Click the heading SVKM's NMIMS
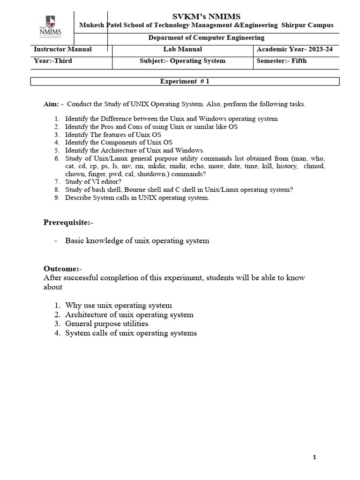point(206,17)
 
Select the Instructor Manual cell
point(63,49)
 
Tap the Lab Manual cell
point(182,49)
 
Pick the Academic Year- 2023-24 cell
point(295,49)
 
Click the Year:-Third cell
point(53,61)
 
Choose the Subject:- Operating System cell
point(182,61)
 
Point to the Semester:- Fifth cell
point(281,61)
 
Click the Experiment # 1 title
point(185,82)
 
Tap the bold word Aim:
point(51,104)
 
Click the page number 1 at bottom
point(315,457)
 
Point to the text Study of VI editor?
point(94,182)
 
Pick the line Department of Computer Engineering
point(206,37)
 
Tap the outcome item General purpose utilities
point(106,324)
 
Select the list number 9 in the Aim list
point(56,198)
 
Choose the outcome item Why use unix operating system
point(118,305)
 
